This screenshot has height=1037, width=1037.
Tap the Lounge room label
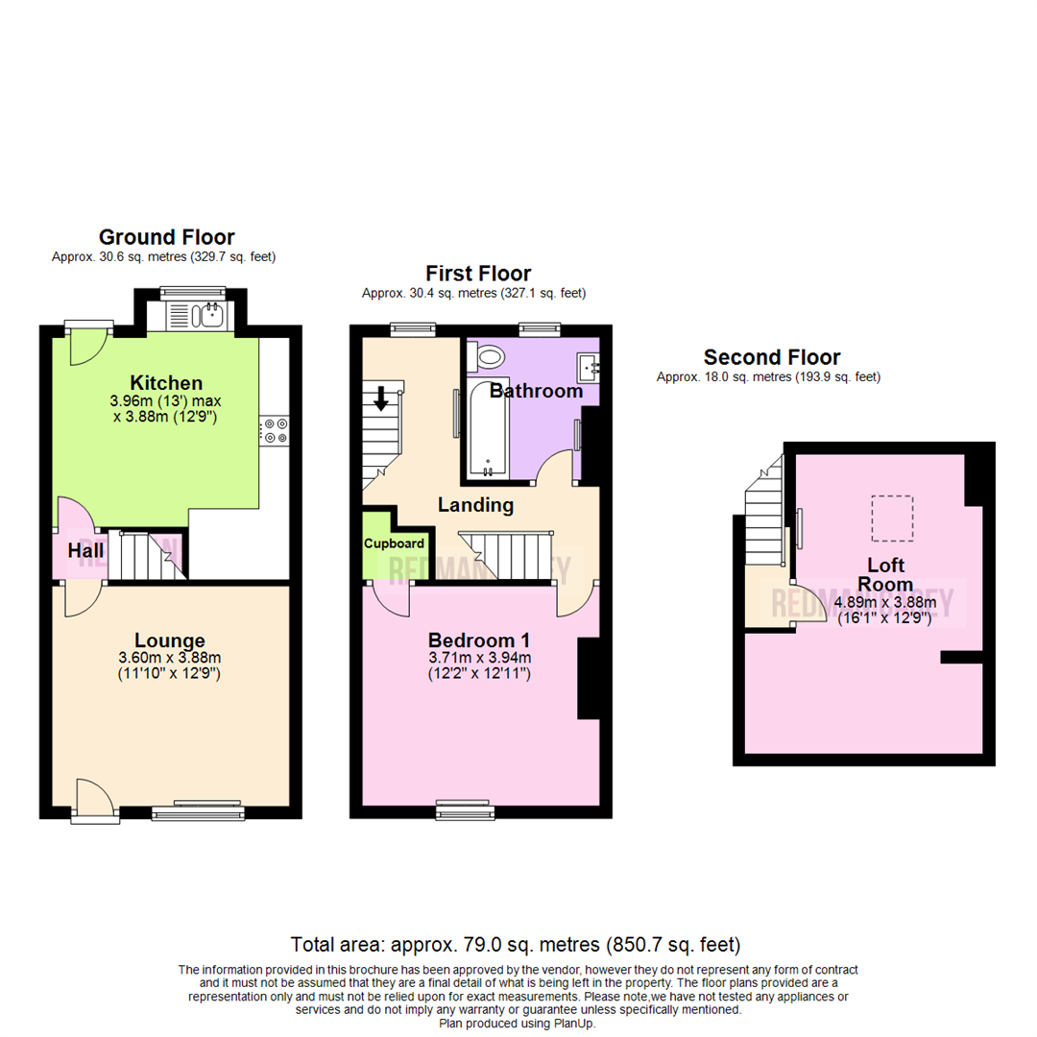(x=170, y=640)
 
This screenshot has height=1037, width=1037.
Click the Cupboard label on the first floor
(x=394, y=543)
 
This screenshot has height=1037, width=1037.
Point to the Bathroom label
(x=536, y=391)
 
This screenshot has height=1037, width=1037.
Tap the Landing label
(x=475, y=505)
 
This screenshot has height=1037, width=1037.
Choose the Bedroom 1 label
(x=479, y=640)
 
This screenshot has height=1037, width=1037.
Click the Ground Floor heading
(x=166, y=237)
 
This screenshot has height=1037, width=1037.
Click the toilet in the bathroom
(x=488, y=357)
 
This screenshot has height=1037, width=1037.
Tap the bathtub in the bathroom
(x=487, y=428)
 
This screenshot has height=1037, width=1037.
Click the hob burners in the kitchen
(x=275, y=431)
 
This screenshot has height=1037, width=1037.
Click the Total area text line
(x=516, y=944)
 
